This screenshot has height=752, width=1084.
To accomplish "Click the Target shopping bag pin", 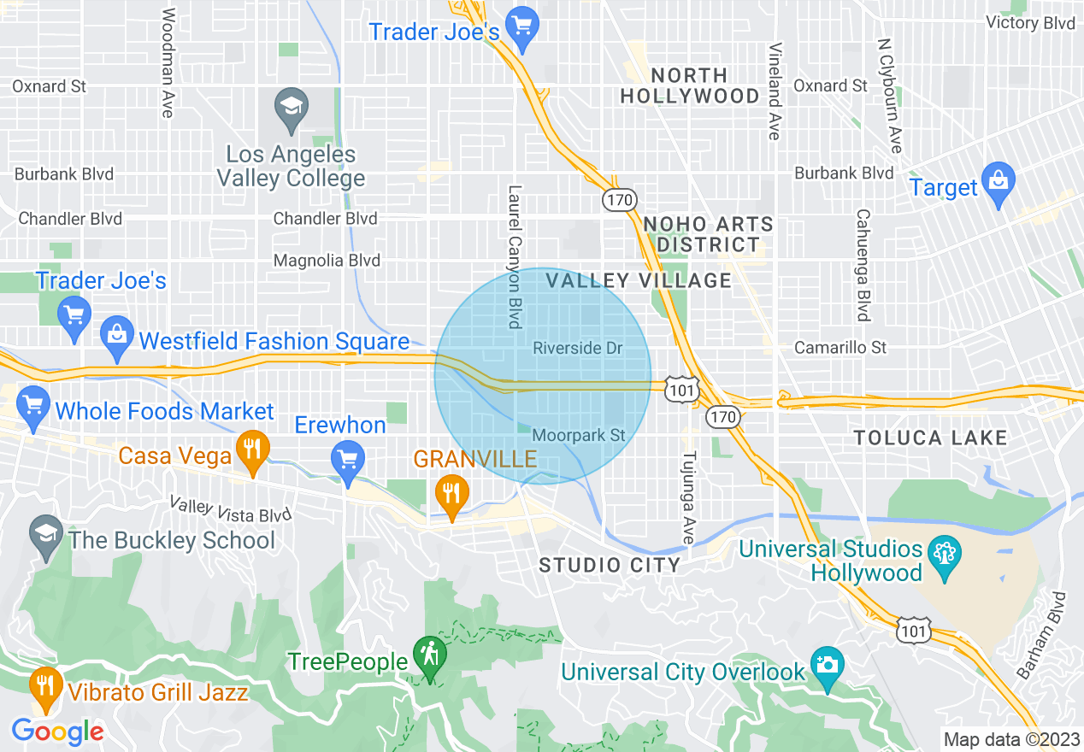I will pyautogui.click(x=998, y=181).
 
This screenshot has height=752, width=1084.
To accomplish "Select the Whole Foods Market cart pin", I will pyautogui.click(x=33, y=404).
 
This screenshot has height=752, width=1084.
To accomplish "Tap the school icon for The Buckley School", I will pyautogui.click(x=45, y=533).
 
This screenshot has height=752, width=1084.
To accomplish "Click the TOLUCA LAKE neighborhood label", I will pyautogui.click(x=930, y=438).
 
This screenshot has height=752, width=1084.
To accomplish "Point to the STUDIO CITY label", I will pyautogui.click(x=610, y=565).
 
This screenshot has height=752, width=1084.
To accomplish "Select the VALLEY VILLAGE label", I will pyautogui.click(x=639, y=280).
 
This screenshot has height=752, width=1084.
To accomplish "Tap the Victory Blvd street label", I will pyautogui.click(x=1030, y=23).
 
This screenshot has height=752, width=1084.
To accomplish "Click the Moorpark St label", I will pyautogui.click(x=579, y=435).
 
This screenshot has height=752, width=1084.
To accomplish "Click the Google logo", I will pyautogui.click(x=58, y=731).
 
